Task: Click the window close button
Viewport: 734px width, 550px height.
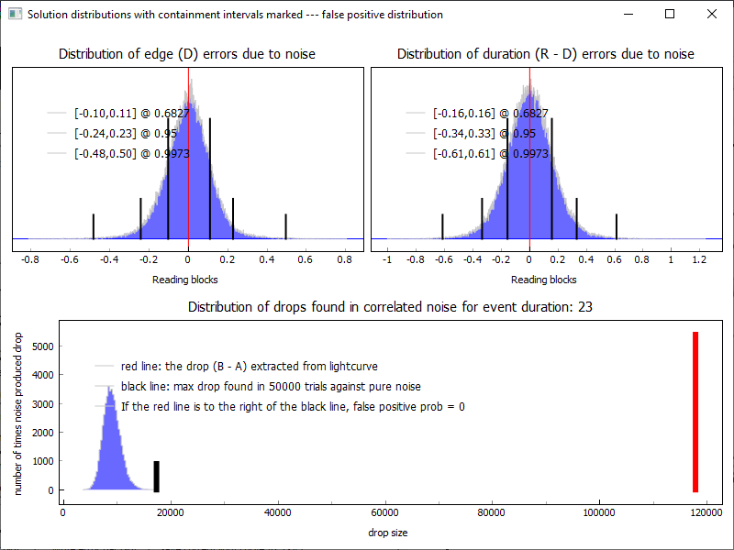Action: point(712,15)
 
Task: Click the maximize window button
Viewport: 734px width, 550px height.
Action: point(670,15)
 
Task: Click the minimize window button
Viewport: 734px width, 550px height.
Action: point(628,15)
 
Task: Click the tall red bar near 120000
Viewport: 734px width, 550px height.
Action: point(695,412)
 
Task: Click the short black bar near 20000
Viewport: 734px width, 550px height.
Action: point(156,477)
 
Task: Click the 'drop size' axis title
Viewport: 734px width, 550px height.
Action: point(387,533)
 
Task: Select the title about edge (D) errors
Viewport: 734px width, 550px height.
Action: point(187,54)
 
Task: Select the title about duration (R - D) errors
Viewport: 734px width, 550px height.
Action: point(546,54)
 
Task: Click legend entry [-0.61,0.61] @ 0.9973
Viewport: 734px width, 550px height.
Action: point(490,154)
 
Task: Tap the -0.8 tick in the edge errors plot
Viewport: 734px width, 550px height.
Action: point(31,259)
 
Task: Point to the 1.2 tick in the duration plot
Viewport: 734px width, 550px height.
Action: point(700,259)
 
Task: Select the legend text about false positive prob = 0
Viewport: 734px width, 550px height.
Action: point(292,406)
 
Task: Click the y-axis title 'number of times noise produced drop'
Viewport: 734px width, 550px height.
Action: point(18,413)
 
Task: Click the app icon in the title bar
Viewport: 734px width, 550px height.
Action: point(15,15)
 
